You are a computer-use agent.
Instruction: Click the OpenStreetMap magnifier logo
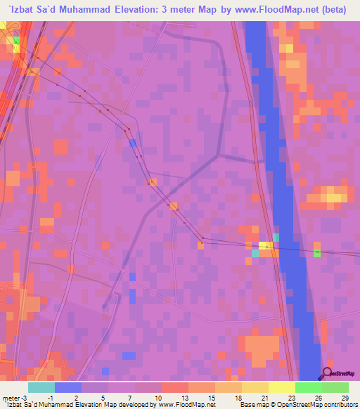pos(326,374)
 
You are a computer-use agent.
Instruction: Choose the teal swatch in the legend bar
pos(41,387)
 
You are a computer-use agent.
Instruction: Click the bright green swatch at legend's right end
pos(335,387)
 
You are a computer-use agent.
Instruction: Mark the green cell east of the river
pos(316,252)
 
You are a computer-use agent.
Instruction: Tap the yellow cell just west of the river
pos(265,245)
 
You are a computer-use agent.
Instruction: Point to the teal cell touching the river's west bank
pos(276,238)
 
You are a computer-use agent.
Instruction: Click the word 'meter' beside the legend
pos(10,397)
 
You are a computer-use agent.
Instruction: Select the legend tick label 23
pos(290,397)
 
